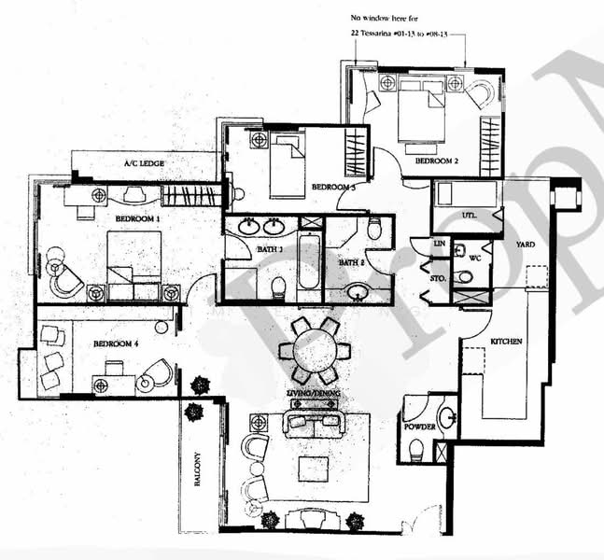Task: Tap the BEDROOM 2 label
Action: (x=436, y=161)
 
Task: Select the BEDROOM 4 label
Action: (x=116, y=343)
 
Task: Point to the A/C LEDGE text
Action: (x=145, y=164)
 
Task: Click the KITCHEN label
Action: (x=507, y=343)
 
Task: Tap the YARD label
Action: (x=526, y=245)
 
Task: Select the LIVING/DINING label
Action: (x=312, y=396)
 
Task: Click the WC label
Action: (x=474, y=257)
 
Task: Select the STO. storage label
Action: (x=437, y=278)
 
